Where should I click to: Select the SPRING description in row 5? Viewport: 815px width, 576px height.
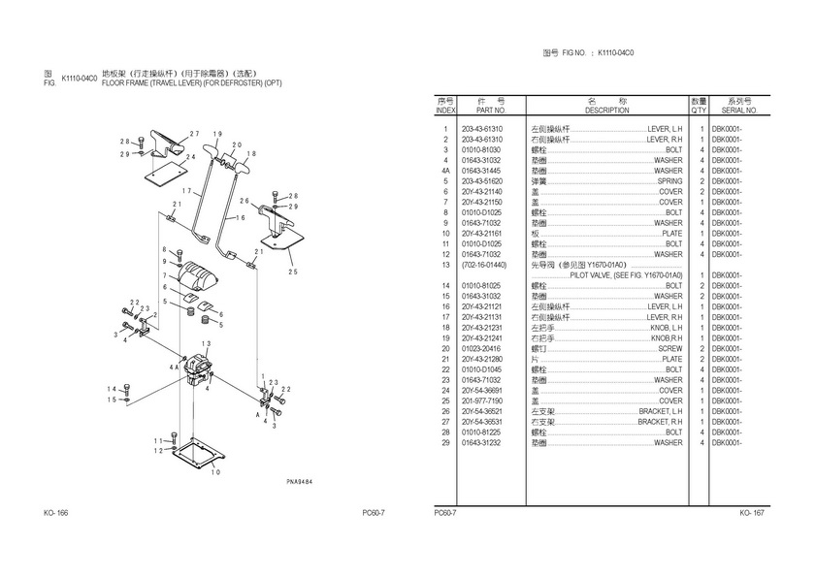[669, 181]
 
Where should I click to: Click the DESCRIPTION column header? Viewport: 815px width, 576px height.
[607, 111]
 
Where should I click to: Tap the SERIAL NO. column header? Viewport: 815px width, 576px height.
[739, 111]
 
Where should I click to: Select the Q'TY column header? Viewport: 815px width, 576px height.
[699, 111]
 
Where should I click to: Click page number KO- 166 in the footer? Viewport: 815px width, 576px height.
[55, 512]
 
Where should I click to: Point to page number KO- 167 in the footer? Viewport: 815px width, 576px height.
[753, 512]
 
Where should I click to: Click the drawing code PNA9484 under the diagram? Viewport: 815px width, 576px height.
[301, 482]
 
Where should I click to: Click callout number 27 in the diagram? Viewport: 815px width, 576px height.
[194, 133]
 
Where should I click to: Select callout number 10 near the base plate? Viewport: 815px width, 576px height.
[215, 472]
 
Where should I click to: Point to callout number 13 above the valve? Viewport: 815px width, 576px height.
[206, 343]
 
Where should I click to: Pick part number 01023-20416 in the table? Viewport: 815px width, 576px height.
[481, 348]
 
